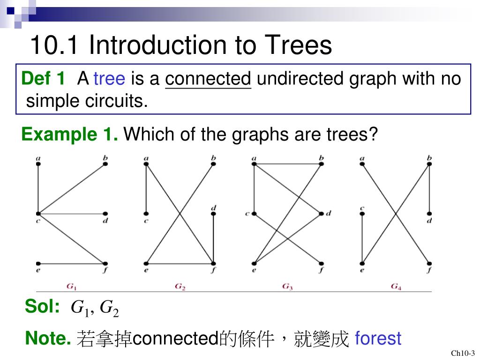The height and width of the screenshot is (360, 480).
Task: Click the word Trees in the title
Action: coord(299,45)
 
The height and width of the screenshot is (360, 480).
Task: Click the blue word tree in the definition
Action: coord(109,79)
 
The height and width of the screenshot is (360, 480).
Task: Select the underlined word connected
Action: coord(208,79)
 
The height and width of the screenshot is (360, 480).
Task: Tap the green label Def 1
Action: coord(43,79)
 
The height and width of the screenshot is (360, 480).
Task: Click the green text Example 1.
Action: coord(70,135)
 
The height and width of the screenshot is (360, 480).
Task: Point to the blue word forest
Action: coord(378,338)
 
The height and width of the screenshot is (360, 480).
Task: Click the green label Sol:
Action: coord(42,307)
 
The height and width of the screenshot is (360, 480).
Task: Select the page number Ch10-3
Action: coord(463,353)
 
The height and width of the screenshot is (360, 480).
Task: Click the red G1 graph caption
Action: coord(71,286)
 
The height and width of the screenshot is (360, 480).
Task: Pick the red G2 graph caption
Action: coord(180,286)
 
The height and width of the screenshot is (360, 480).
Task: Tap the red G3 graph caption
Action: coord(287,286)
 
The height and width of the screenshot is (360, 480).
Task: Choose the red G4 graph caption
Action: coord(396,286)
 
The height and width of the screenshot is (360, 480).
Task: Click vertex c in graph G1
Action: coord(38,213)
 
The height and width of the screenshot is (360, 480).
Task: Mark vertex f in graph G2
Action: coord(213,263)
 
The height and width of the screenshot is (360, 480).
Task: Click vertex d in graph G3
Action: coord(321,214)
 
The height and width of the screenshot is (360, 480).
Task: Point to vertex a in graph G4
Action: coord(362,164)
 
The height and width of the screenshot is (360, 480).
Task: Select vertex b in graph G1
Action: coord(105,164)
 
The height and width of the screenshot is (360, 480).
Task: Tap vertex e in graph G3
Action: coord(254,263)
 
